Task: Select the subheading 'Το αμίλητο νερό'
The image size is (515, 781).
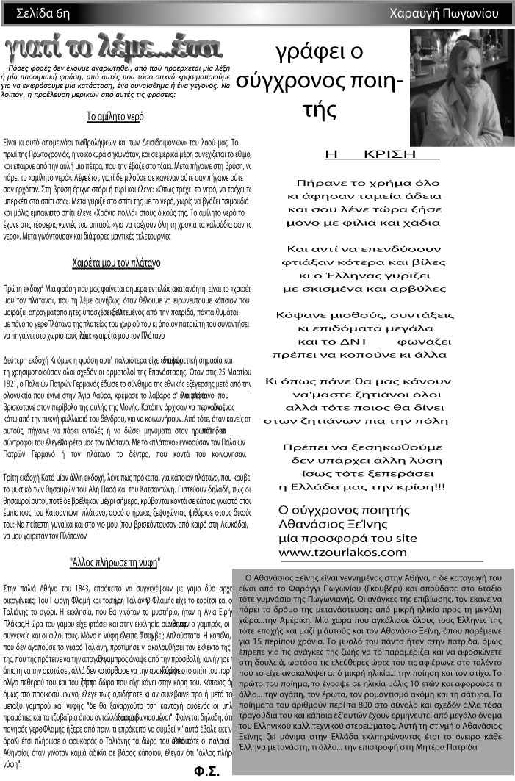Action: (114, 116)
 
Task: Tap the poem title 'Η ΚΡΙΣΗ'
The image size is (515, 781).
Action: (381, 154)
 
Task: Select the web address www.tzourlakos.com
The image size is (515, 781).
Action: (342, 552)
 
